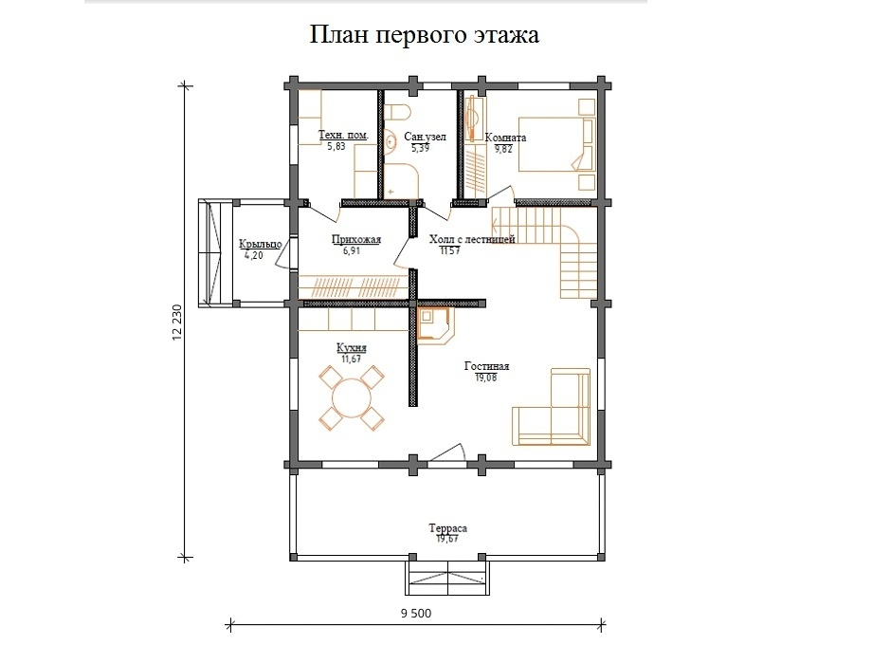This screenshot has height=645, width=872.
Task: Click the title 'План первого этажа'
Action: tap(424, 36)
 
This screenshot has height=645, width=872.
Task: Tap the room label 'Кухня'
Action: tap(352, 348)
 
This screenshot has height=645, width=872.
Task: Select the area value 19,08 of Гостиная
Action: tap(485, 378)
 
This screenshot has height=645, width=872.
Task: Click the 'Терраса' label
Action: tap(447, 527)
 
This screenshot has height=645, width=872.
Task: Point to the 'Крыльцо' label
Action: tap(260, 244)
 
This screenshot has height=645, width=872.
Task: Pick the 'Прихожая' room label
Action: tap(356, 240)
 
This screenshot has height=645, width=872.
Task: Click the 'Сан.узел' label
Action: tap(424, 138)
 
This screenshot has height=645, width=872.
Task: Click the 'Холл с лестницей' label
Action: tap(472, 240)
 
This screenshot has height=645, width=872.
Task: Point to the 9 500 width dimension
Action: tap(415, 613)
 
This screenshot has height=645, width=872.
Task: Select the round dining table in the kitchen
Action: tap(352, 396)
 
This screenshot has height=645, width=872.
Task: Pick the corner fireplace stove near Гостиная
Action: tap(437, 324)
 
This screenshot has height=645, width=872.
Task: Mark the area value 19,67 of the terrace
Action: tap(447, 539)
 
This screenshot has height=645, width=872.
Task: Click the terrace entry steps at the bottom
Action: tap(448, 576)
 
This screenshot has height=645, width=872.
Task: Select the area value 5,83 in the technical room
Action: tap(336, 147)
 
